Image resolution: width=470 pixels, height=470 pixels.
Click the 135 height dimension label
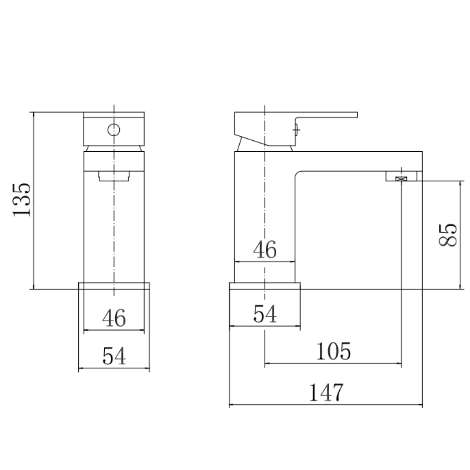pyautogui.click(x=22, y=200)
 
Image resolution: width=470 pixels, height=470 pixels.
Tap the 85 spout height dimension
pyautogui.click(x=447, y=235)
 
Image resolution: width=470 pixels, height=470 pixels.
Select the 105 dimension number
pyautogui.click(x=333, y=351)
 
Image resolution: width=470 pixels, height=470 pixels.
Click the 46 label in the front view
pyautogui.click(x=114, y=318)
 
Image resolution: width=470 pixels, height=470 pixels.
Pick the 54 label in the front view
pyautogui.click(x=114, y=356)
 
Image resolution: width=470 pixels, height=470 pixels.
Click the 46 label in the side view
pyautogui.click(x=265, y=249)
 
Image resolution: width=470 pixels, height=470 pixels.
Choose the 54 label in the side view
pyautogui.click(x=265, y=314)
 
